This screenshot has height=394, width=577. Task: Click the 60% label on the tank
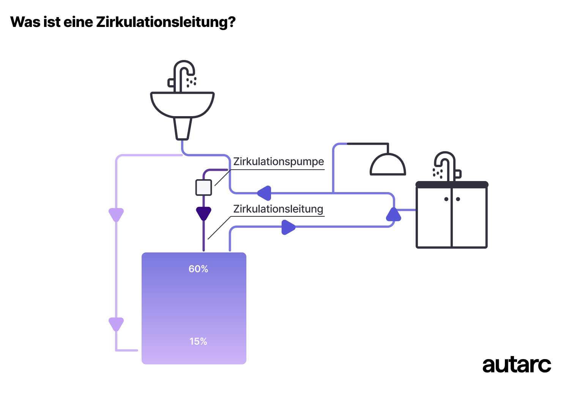(x=198, y=269)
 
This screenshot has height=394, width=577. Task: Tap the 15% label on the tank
(x=198, y=342)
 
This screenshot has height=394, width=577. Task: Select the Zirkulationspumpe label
(x=278, y=162)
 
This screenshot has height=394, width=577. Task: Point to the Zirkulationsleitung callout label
(x=278, y=209)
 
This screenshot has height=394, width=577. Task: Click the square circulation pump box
(x=203, y=188)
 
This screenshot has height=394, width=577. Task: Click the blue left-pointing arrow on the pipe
(x=264, y=193)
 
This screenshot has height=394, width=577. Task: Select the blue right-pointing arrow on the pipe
(x=288, y=227)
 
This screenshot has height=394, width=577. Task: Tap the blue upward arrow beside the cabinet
(x=393, y=215)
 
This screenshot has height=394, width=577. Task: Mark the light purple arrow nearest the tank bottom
(x=116, y=324)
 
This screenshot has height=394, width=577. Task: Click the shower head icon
(x=388, y=165)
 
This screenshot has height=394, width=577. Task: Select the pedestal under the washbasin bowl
(x=182, y=128)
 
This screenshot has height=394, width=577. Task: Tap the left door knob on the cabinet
(x=446, y=199)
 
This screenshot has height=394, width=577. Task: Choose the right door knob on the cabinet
(x=458, y=199)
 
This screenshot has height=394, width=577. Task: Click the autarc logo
(x=516, y=365)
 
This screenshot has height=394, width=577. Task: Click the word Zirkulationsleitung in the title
(x=166, y=22)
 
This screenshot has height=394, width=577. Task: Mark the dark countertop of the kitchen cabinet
(x=452, y=185)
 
